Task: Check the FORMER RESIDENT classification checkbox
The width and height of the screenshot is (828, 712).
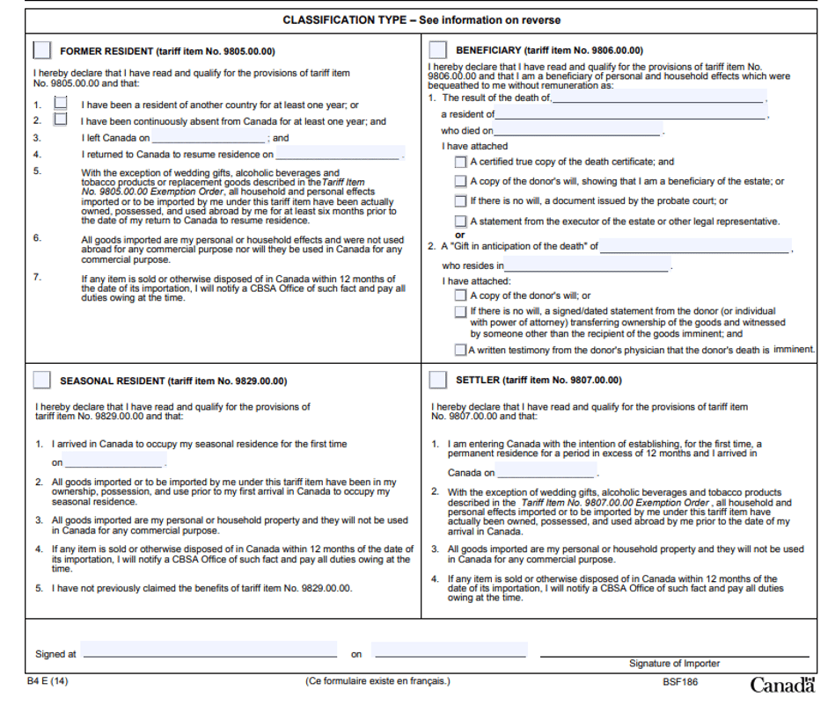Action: tap(41, 50)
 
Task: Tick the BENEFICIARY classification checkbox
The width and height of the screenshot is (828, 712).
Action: tap(437, 50)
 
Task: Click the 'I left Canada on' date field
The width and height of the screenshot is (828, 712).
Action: tap(209, 138)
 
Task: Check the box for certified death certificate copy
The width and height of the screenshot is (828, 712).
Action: tap(460, 162)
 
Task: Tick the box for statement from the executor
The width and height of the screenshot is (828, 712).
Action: tap(460, 222)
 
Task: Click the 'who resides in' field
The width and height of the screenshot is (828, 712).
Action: tap(587, 265)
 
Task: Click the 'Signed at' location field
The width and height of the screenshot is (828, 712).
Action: tap(209, 650)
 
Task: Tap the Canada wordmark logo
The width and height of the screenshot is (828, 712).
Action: tap(782, 685)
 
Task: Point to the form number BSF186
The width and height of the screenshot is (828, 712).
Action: tap(680, 681)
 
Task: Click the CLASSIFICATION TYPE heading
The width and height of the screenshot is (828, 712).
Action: tap(421, 19)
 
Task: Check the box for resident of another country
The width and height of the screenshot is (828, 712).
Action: tap(60, 104)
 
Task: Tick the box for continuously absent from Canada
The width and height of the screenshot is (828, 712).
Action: tap(60, 120)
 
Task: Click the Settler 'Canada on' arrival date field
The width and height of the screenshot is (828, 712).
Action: tap(546, 472)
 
